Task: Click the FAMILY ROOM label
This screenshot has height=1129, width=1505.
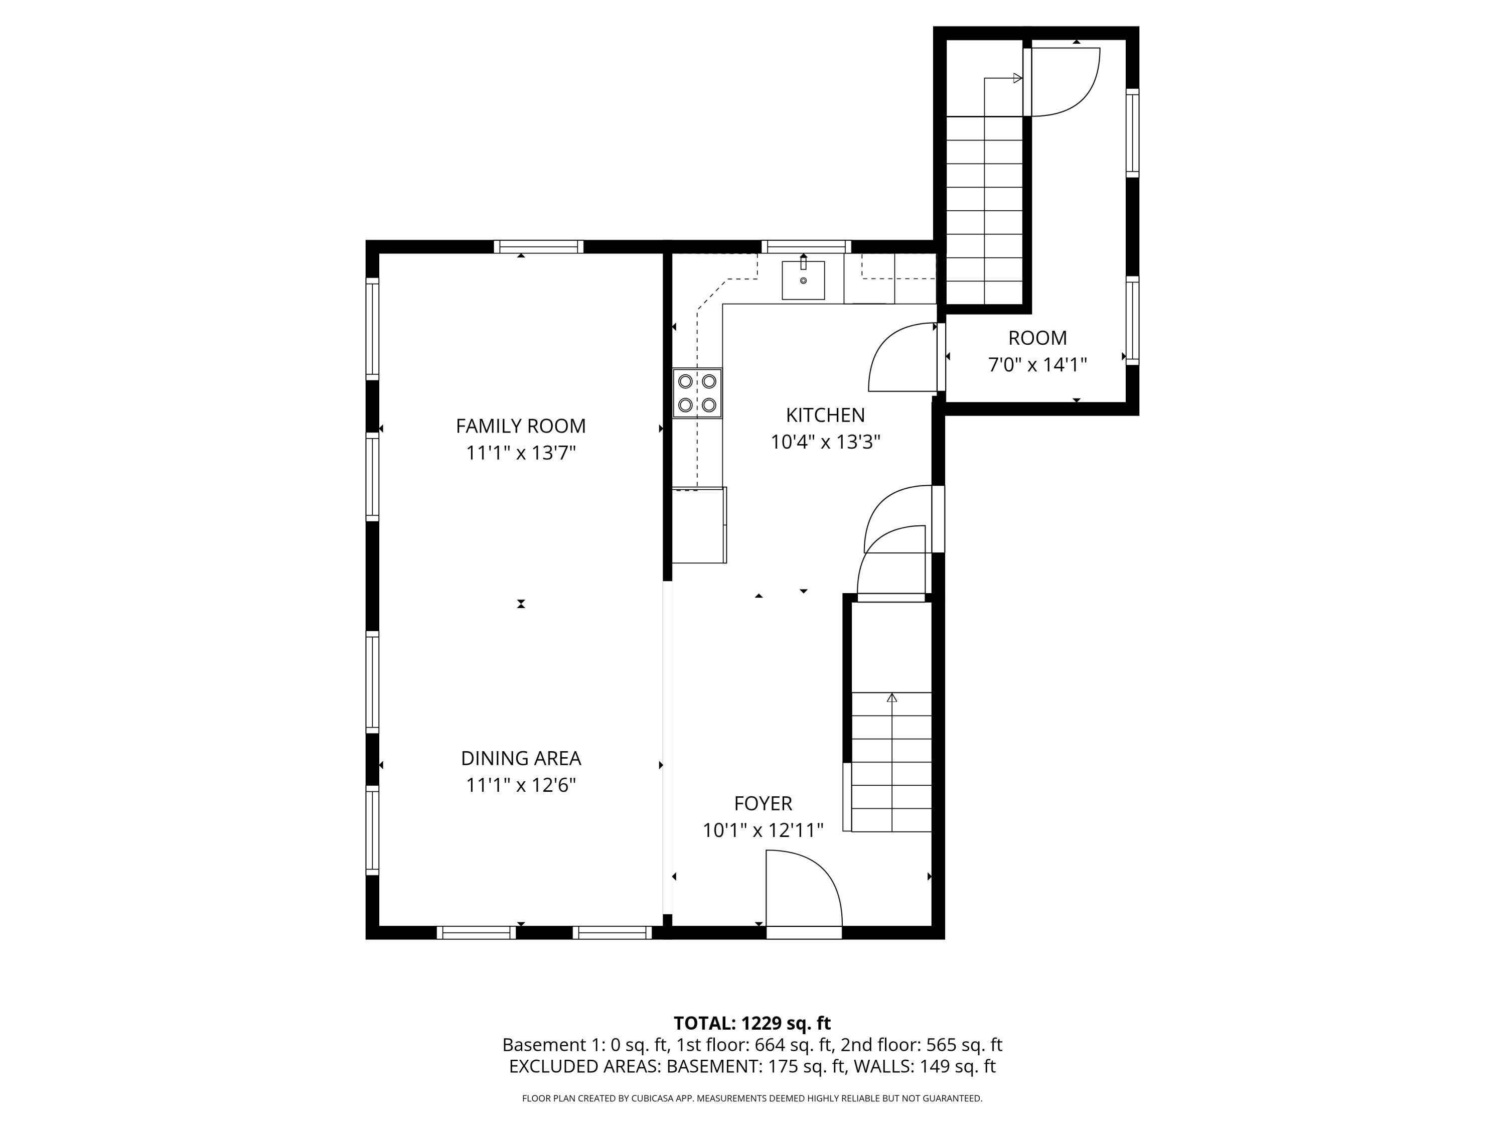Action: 521,426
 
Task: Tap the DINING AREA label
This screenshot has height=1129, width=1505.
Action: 521,758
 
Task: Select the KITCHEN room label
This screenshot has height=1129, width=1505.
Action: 825,415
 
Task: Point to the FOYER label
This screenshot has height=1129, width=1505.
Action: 763,804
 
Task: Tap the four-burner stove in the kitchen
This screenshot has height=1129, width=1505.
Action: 697,393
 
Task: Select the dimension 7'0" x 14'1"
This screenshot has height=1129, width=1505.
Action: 1037,365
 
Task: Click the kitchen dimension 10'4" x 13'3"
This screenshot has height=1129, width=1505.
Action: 825,443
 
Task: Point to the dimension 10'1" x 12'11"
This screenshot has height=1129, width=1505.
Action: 763,831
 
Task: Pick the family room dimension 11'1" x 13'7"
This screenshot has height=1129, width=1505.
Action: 521,453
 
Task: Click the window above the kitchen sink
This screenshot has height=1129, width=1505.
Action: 806,247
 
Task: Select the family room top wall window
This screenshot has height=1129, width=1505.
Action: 538,247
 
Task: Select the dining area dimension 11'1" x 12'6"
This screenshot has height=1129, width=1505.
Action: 521,785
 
